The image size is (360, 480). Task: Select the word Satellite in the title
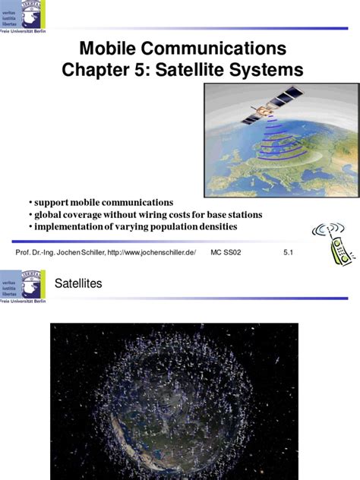[217, 71]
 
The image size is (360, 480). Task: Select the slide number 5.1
[288, 251]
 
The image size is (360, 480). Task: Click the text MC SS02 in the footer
[226, 251]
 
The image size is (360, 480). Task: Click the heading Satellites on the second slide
[78, 283]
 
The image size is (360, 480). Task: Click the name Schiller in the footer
[90, 251]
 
